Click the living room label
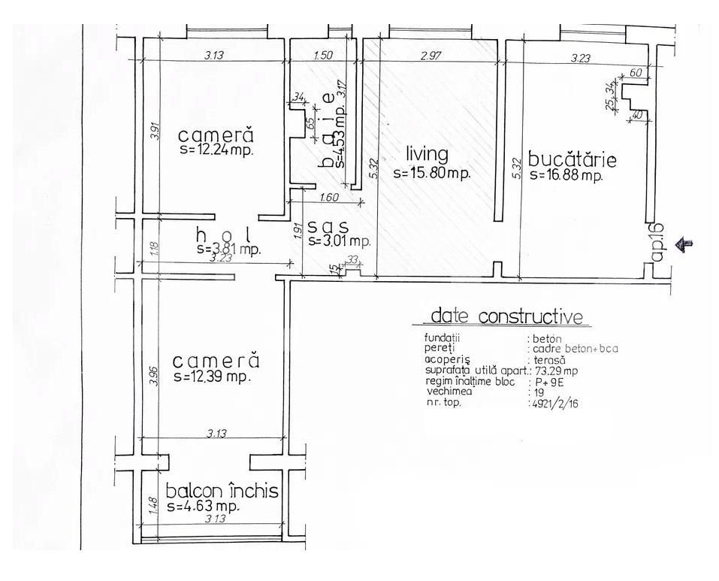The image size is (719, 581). tap(427, 155)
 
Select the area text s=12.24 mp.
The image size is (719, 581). tap(216, 150)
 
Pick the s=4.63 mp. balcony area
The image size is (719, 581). tap(203, 507)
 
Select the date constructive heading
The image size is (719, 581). tap(506, 316)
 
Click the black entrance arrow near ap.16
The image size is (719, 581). tap(684, 243)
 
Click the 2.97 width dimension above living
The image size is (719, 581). tap(432, 56)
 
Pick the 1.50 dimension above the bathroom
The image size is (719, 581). tap(323, 56)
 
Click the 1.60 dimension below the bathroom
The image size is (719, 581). tap(329, 198)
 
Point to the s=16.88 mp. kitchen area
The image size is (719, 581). tap(566, 176)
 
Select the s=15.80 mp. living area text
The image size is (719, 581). tap(431, 173)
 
